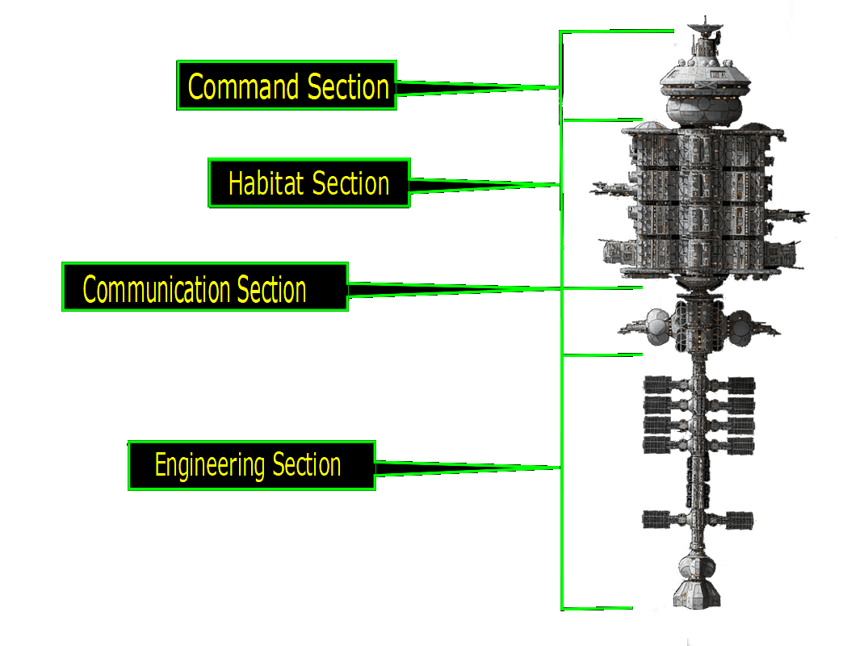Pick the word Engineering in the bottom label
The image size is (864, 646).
click(210, 465)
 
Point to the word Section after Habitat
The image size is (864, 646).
click(350, 183)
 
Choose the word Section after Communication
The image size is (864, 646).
click(271, 289)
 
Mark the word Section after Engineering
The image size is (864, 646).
click(306, 465)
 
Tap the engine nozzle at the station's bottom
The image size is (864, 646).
click(698, 594)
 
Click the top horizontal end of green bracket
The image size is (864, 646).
click(618, 31)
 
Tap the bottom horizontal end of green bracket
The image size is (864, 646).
click(598, 607)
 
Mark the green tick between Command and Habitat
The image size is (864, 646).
click(602, 120)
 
